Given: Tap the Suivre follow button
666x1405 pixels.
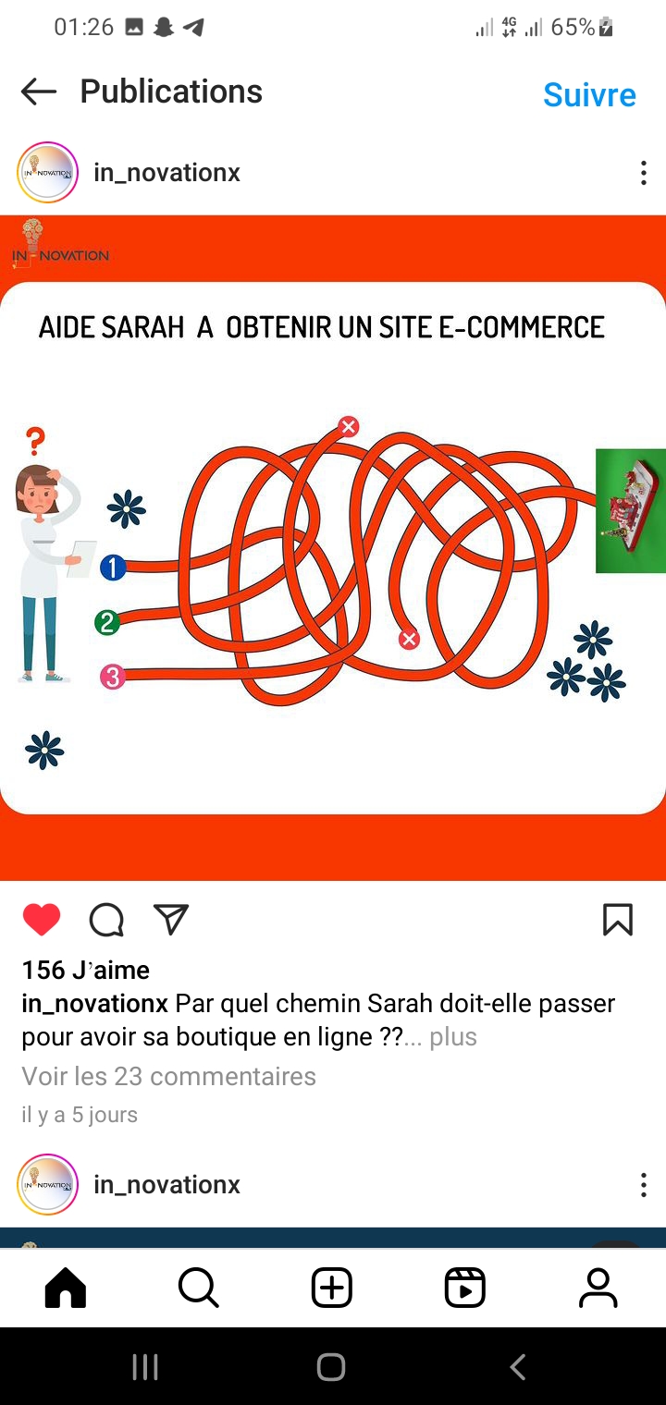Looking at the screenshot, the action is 589,94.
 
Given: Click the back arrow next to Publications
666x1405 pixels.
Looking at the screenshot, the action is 39,92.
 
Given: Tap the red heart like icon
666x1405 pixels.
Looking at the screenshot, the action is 42,920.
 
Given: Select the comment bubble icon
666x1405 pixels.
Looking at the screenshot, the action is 106,920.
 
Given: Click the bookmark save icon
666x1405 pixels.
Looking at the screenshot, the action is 618,920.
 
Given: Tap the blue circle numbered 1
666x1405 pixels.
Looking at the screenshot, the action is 113,568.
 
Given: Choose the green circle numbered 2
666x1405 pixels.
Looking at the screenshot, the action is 107,623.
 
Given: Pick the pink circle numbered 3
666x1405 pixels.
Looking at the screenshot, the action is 113,677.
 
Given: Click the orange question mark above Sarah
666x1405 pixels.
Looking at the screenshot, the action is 36,441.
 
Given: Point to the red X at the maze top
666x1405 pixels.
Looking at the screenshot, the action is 349,426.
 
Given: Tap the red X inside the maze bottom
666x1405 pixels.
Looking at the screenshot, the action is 409,639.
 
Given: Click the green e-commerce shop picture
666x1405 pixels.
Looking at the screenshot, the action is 630,510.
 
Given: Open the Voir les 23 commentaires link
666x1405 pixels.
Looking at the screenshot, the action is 169,1076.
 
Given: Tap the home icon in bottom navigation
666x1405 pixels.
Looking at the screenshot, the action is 66,1288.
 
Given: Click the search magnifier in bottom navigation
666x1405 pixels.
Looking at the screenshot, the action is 198,1288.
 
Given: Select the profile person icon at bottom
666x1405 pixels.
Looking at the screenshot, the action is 598,1288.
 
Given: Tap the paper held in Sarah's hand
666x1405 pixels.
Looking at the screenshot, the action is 81,558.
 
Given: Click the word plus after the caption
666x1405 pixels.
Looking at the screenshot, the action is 453,1037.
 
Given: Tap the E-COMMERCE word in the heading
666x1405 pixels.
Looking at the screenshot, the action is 522,327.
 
